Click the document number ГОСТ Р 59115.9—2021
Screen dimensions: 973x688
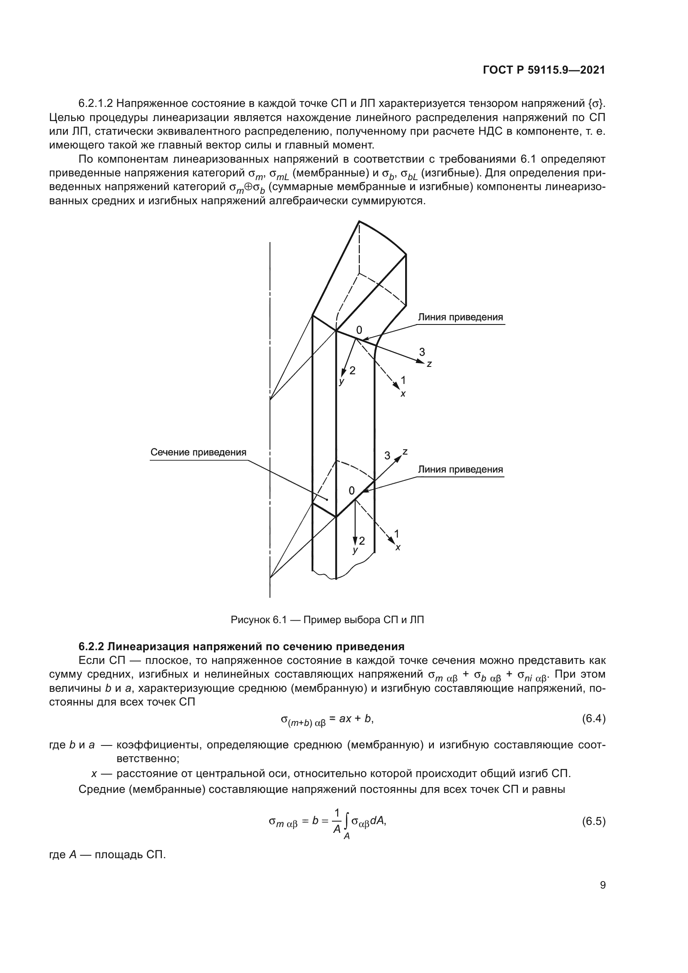click(544, 70)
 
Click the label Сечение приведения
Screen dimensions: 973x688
click(198, 452)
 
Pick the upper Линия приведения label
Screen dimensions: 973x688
click(460, 317)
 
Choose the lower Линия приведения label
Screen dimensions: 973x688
click(460, 469)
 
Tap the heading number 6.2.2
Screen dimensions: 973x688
click(91, 647)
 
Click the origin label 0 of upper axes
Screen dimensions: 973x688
click(359, 331)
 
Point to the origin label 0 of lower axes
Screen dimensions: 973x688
click(351, 491)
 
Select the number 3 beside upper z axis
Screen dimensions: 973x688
click(422, 352)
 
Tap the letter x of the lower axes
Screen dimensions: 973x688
click(398, 548)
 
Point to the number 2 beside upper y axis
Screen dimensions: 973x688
click(352, 370)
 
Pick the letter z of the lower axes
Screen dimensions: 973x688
click(405, 452)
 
